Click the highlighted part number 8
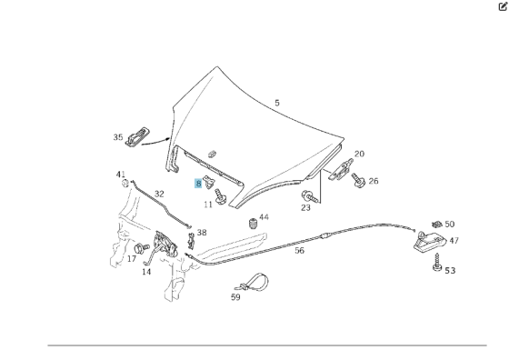pos(198,184)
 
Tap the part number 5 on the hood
pos(277,103)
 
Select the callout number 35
pos(118,137)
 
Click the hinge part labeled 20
pos(340,169)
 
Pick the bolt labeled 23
pos(309,196)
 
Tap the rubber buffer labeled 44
pos(254,224)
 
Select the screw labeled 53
pos(437,263)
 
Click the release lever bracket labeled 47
pos(429,242)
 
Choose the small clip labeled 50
pos(437,224)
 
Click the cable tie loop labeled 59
pos(253,283)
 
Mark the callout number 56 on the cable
pos(299,251)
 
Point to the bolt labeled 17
pos(141,249)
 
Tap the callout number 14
pos(146,272)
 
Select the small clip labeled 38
pos(191,241)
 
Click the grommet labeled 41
pos(125,184)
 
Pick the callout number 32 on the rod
pos(159,195)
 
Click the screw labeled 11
pos(220,196)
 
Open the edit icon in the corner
pos(503,6)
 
